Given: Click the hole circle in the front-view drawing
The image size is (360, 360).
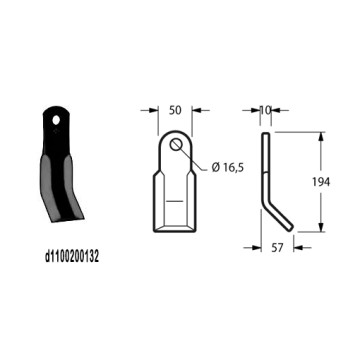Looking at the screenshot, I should (x=177, y=148).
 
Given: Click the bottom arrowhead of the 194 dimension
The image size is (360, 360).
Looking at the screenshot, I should (x=321, y=229).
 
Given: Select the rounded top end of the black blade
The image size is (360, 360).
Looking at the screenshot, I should (x=62, y=113).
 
